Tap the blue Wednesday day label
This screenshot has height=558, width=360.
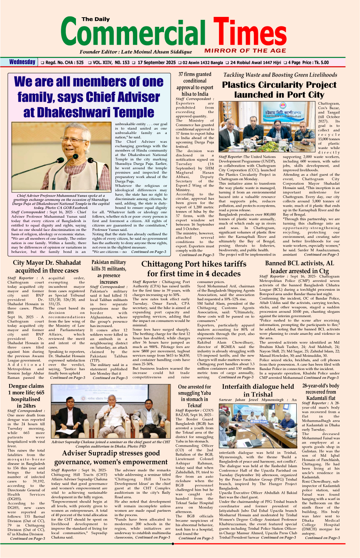(x=22, y=62)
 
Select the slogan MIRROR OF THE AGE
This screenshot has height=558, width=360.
(x=245, y=51)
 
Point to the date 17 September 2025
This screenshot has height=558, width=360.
(x=157, y=62)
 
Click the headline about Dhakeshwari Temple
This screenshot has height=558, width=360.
(x=89, y=97)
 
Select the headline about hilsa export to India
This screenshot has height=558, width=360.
(x=194, y=84)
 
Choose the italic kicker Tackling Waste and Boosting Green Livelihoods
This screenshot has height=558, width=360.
(x=280, y=75)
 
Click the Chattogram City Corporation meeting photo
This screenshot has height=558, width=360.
(x=267, y=127)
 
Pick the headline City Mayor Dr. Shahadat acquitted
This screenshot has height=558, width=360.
(x=47, y=267)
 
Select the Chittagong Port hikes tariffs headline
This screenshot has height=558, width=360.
(x=194, y=269)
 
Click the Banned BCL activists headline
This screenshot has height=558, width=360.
(x=299, y=267)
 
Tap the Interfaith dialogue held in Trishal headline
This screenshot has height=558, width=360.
(x=258, y=390)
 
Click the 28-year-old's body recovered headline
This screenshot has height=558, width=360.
(x=321, y=392)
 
